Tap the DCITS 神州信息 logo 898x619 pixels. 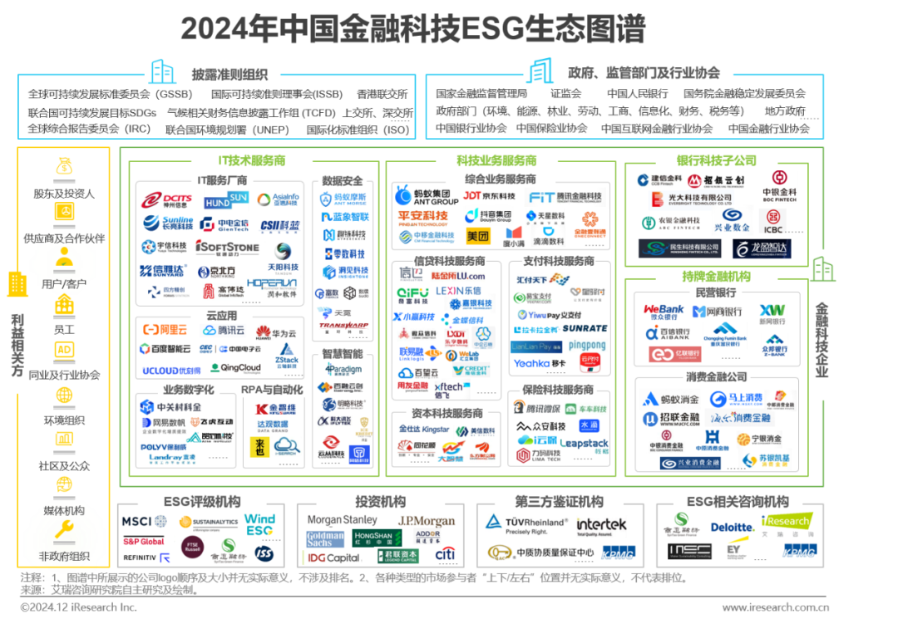click(x=167, y=200)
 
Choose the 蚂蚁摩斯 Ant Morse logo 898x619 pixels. click(x=343, y=199)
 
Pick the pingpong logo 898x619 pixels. click(x=587, y=344)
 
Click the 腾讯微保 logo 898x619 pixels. click(x=536, y=408)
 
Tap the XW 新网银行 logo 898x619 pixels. click(x=772, y=313)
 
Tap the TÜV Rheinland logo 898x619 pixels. click(x=525, y=524)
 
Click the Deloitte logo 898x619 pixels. click(x=732, y=527)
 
